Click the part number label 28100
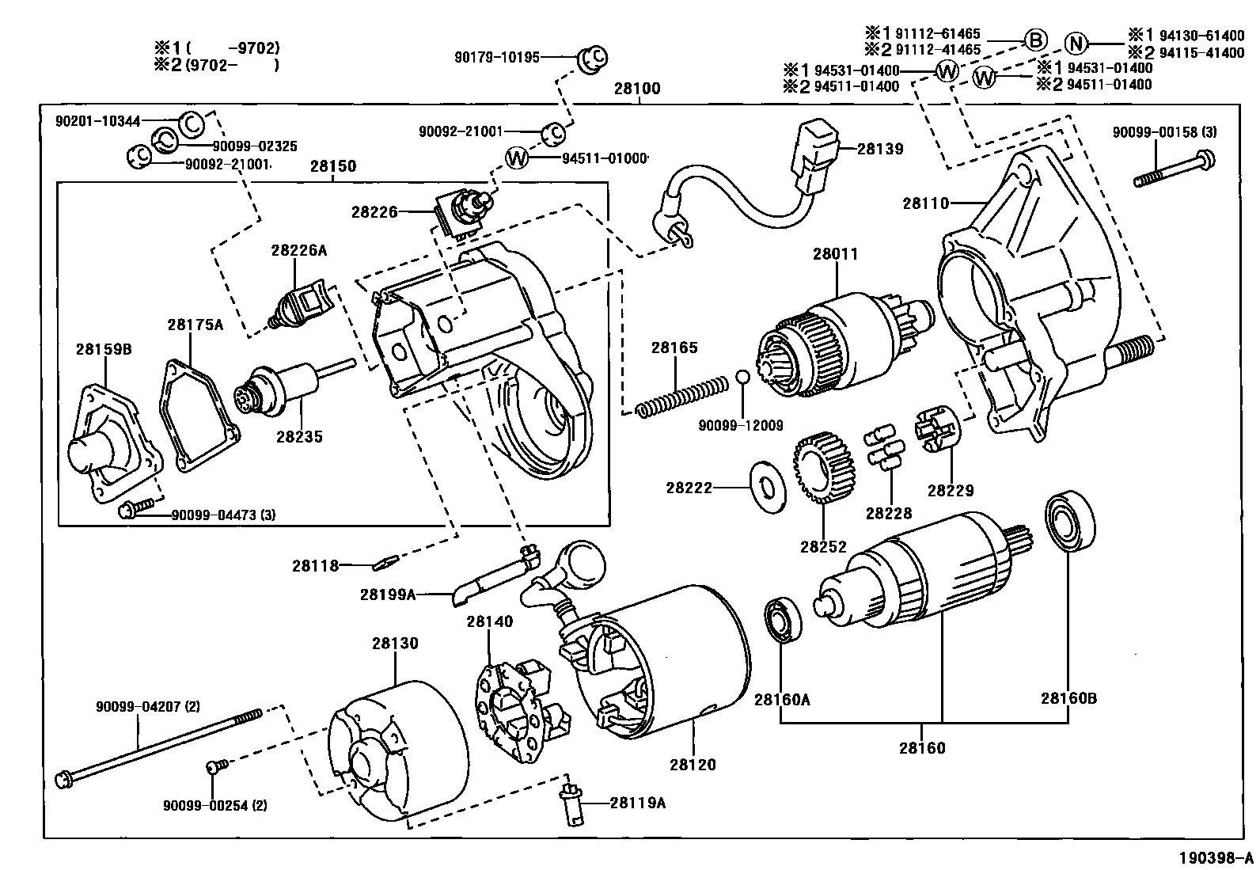[637, 89]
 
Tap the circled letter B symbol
[1035, 40]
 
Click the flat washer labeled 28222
[767, 485]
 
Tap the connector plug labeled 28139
[816, 158]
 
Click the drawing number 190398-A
[1216, 858]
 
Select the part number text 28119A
[637, 803]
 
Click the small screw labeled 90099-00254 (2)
[214, 766]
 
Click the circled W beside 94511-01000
[516, 158]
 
